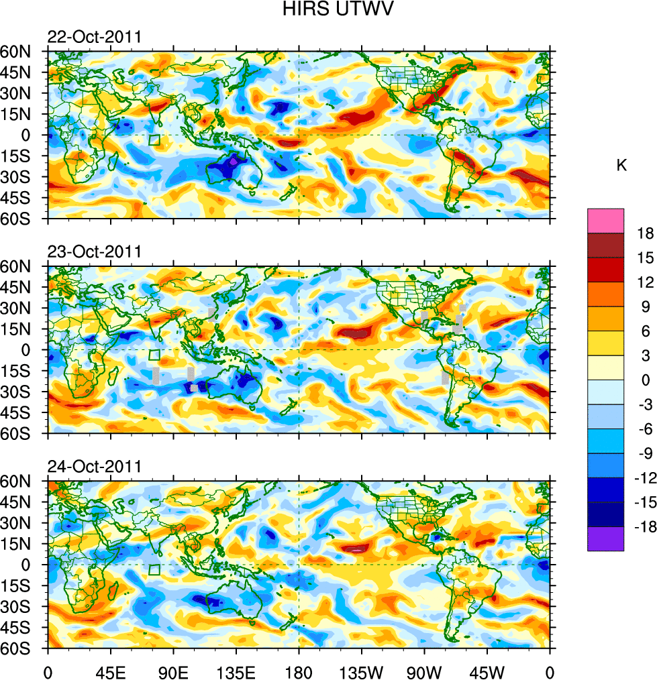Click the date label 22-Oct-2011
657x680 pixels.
coord(94,37)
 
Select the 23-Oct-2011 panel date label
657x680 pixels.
coord(94,252)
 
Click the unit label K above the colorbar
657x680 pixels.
coord(621,165)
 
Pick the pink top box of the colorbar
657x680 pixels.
coord(605,221)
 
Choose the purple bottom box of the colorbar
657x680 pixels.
coord(605,539)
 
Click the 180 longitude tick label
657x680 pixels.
coord(299,670)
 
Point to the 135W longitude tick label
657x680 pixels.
coord(361,670)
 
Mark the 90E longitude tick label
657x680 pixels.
coord(173,670)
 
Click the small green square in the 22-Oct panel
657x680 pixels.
coord(154,139)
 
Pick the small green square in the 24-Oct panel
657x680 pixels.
coord(154,570)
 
